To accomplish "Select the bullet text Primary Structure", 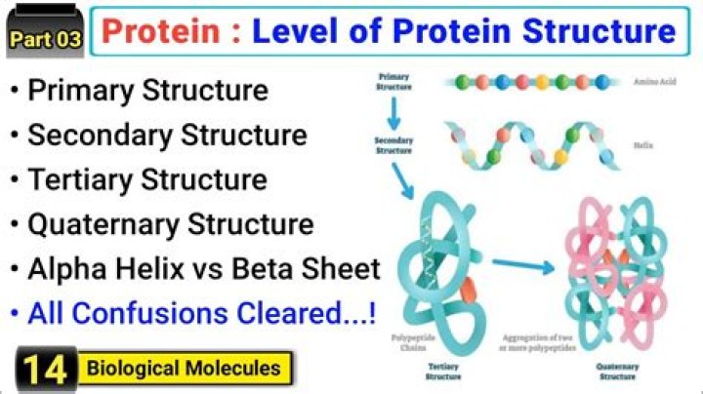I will (146, 91).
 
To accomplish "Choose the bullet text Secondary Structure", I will (167, 135).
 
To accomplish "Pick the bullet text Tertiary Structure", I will (146, 179).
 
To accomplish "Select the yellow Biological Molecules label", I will (183, 369).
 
